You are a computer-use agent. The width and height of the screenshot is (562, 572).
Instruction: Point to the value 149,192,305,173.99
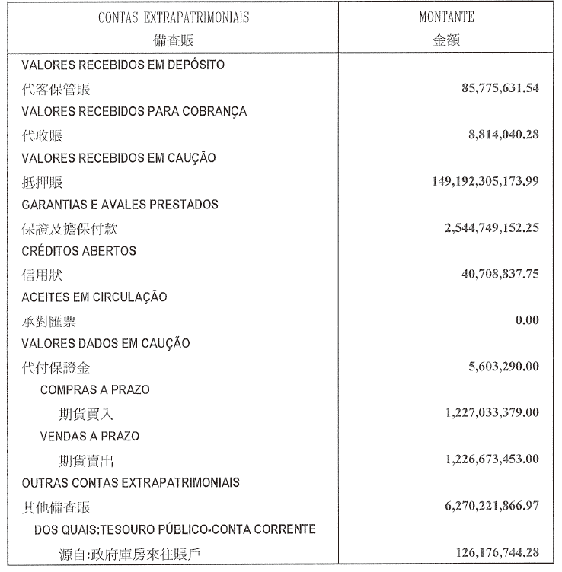coord(475,181)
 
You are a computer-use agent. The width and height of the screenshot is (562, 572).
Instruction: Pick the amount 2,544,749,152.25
coord(481,227)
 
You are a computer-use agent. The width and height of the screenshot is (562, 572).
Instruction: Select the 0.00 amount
coord(527,320)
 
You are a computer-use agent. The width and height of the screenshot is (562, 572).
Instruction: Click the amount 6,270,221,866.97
coord(481,506)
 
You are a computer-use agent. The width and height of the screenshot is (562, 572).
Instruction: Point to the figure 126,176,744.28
coord(488,552)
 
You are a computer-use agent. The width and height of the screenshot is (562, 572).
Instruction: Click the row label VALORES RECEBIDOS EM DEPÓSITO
coord(123,65)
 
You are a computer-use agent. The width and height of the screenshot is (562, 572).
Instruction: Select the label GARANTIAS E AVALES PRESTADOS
coord(120,205)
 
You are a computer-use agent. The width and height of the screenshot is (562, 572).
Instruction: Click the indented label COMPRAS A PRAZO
coord(94,390)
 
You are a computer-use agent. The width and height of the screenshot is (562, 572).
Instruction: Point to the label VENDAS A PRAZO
coord(90,437)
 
